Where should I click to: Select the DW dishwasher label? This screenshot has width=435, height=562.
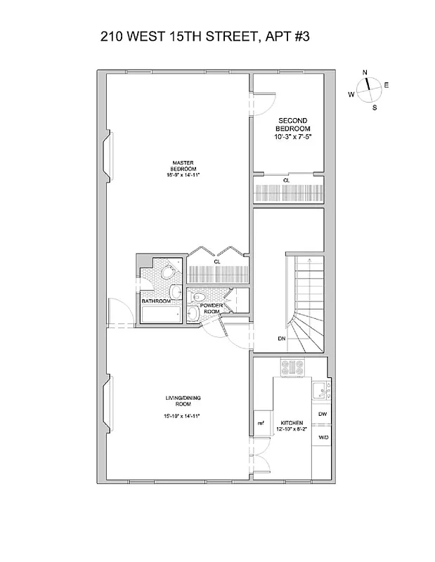(x=322, y=414)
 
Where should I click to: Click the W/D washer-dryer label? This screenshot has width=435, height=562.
(x=322, y=436)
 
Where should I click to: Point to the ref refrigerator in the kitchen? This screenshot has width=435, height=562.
(x=260, y=422)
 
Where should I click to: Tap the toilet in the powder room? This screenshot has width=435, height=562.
(x=199, y=296)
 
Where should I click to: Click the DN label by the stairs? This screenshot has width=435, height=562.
(x=281, y=339)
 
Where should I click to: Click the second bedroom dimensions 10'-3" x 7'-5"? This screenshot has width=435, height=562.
(x=292, y=137)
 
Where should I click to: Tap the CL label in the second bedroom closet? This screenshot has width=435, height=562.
(x=286, y=181)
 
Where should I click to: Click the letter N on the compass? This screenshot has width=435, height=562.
(x=365, y=73)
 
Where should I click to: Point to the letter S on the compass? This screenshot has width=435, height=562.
(x=375, y=107)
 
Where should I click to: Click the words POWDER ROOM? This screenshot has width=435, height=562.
(x=211, y=309)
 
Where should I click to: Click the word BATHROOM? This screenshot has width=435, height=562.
(x=156, y=301)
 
